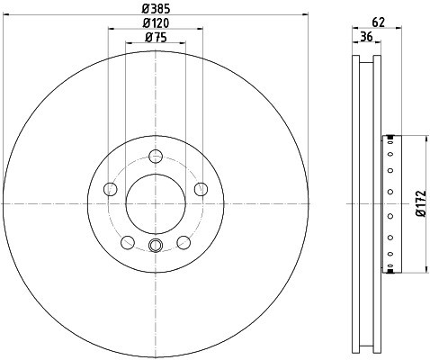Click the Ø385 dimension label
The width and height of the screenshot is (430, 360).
pos(156,8)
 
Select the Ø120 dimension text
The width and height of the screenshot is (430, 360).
pos(156,22)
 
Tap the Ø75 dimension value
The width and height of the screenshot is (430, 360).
pos(156,37)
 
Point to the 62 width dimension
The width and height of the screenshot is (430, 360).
pos(379,22)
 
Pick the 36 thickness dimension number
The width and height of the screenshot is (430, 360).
pos(366,37)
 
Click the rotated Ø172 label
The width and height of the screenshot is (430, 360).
pos(421,203)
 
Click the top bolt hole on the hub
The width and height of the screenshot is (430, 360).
pos(156,157)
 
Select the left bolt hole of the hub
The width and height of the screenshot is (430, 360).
pos(111,189)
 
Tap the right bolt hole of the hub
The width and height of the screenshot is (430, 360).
pos(201,189)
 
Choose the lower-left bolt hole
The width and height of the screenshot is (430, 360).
pos(128,242)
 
